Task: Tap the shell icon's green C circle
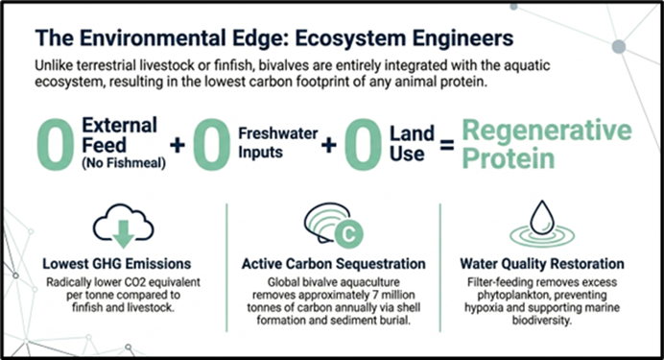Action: pos(348,233)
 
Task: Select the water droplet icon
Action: pos(542,218)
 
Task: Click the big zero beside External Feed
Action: pos(56,145)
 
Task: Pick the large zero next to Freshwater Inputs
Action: pos(212,145)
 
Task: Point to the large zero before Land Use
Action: pos(363,145)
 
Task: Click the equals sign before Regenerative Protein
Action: pos(447,147)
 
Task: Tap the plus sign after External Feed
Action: pos(178,145)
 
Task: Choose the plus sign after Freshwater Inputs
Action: pos(328,145)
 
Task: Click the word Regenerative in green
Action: pos(547,131)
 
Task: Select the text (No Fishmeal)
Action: pos(124,163)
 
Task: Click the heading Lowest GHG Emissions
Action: pos(117,264)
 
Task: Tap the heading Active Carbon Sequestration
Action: pos(334,264)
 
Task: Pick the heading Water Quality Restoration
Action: pos(542,264)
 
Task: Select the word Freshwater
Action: pos(278,133)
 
